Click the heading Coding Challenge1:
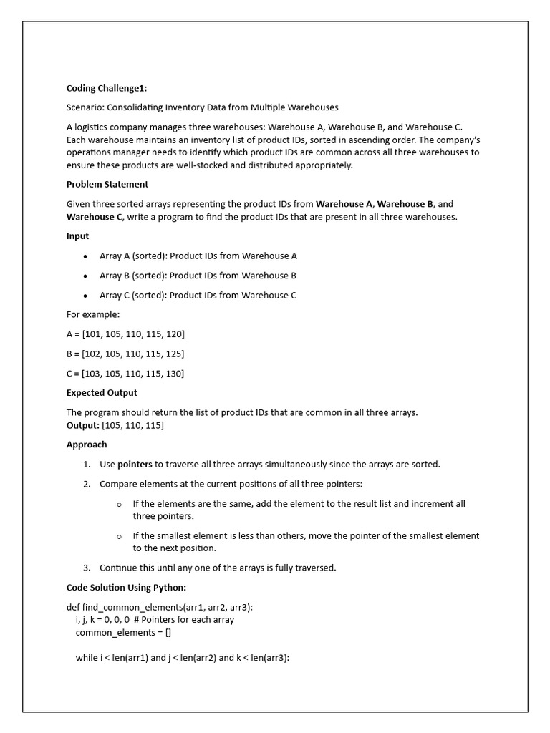pos(107,88)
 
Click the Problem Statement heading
pos(107,184)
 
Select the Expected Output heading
pos(102,392)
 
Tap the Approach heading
pos(87,444)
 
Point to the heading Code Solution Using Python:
pos(126,587)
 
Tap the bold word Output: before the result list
pos(83,425)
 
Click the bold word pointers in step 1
pos(135,464)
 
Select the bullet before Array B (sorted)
pos(85,276)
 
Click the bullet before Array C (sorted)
pos(85,295)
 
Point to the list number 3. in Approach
pos(87,568)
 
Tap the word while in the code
pos(87,657)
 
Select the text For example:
pos(93,314)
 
